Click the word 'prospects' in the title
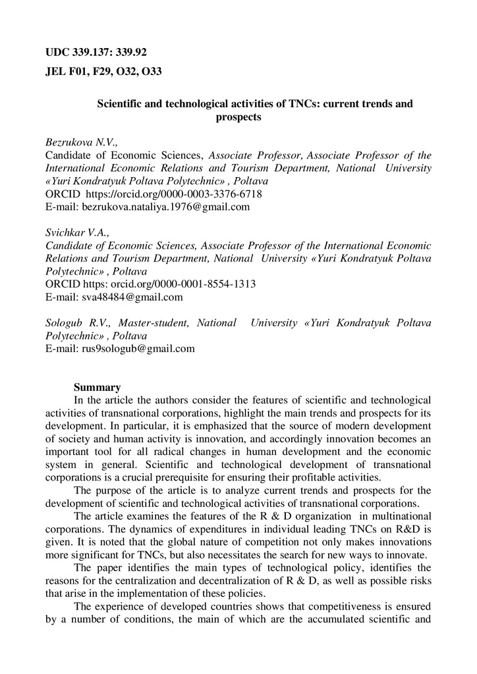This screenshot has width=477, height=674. pyautogui.click(x=238, y=118)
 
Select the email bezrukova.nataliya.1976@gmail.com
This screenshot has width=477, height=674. pyautogui.click(x=165, y=207)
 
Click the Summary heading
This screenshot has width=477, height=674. pyautogui.click(x=97, y=388)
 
